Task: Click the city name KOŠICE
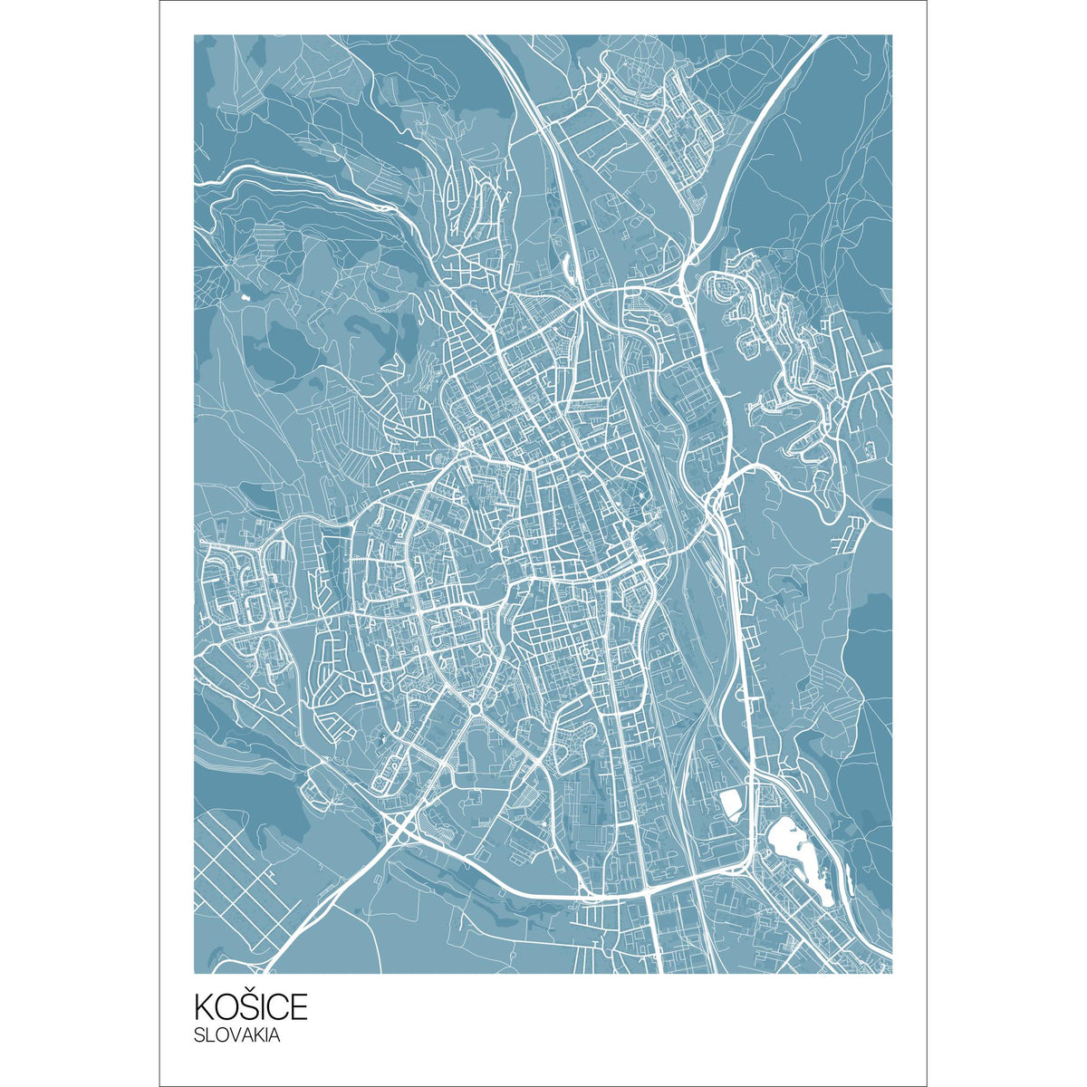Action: pos(251,1006)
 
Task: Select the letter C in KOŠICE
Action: pos(278,1007)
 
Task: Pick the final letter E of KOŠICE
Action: pos(299,1007)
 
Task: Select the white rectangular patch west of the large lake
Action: pos(729,803)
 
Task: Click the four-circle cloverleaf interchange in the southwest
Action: pos(399,825)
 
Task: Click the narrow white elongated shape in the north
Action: pos(568,265)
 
